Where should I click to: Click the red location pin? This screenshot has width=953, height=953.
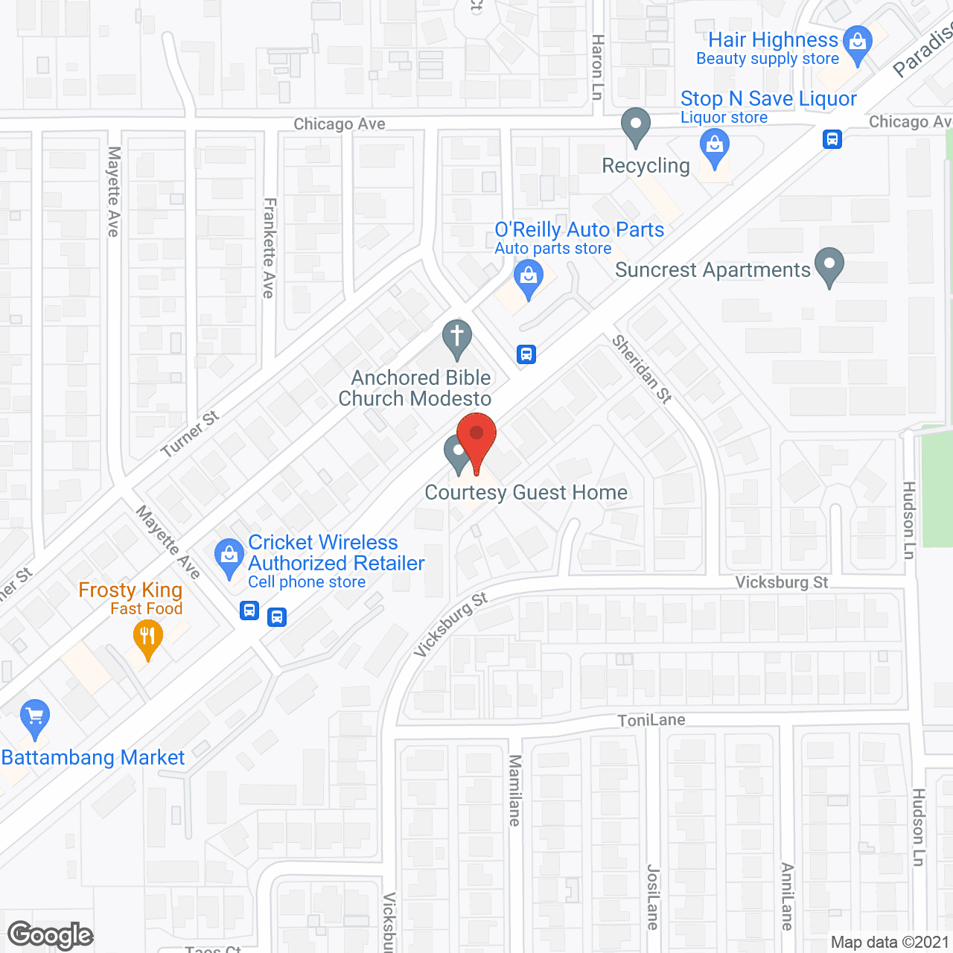pyautogui.click(x=476, y=439)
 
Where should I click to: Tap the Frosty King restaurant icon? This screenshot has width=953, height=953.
pyautogui.click(x=148, y=639)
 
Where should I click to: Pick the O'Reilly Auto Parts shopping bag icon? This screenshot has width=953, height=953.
pyautogui.click(x=528, y=278)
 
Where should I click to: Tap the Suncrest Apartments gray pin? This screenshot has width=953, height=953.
pyautogui.click(x=829, y=266)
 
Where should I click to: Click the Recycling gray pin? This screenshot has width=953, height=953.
pyautogui.click(x=635, y=127)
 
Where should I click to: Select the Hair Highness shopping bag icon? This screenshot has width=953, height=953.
pyautogui.click(x=858, y=44)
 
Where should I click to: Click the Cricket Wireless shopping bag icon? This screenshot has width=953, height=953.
pyautogui.click(x=229, y=557)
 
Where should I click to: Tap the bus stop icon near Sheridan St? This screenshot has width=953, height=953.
pyautogui.click(x=526, y=354)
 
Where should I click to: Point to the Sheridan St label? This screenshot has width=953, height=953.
pyautogui.click(x=642, y=369)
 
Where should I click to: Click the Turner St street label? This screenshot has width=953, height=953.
pyautogui.click(x=190, y=433)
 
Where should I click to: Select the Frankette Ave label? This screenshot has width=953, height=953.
pyautogui.click(x=269, y=248)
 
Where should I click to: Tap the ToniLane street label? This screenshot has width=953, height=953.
pyautogui.click(x=651, y=720)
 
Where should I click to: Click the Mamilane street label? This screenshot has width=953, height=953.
pyautogui.click(x=514, y=790)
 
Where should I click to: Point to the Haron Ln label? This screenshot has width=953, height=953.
pyautogui.click(x=597, y=67)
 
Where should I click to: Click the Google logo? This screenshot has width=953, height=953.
pyautogui.click(x=50, y=935)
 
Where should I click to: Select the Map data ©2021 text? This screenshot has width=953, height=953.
pyautogui.click(x=890, y=942)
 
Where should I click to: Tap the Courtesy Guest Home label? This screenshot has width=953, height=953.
pyautogui.click(x=526, y=492)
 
